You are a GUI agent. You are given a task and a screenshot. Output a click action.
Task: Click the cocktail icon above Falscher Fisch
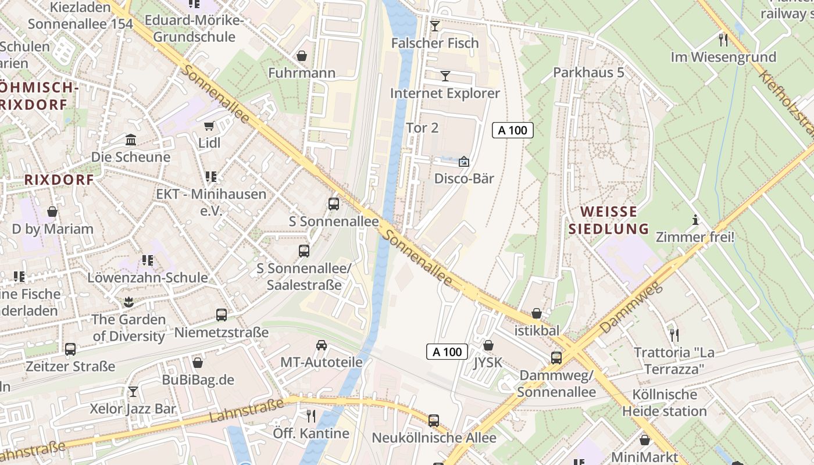[x=435, y=26]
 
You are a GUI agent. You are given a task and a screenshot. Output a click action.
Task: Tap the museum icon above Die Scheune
[x=131, y=140]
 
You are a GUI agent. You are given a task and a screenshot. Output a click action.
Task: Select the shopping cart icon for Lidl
[x=209, y=126]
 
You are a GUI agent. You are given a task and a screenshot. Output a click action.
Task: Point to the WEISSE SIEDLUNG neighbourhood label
[x=608, y=220]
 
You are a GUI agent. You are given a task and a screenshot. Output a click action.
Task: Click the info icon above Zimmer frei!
[x=695, y=220]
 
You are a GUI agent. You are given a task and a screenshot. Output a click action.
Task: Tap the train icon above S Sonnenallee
[x=334, y=204]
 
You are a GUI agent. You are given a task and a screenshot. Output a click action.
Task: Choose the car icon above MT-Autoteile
[x=322, y=345]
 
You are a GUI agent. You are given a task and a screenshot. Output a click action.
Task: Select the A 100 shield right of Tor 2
[x=513, y=130]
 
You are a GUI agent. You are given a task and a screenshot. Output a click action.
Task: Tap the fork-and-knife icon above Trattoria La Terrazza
[x=674, y=335]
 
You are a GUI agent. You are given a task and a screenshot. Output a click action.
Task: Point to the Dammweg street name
[x=631, y=308]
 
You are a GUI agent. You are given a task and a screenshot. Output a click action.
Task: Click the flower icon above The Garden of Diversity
[x=128, y=302]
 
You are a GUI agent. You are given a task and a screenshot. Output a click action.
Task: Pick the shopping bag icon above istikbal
[x=536, y=314]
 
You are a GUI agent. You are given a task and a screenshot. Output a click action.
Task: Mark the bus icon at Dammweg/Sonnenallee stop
[x=556, y=358]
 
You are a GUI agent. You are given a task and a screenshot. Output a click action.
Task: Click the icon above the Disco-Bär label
[x=464, y=162]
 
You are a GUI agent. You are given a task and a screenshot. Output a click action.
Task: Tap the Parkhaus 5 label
[x=588, y=73]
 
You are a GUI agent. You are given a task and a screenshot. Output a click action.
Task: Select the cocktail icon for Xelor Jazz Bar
[x=133, y=392]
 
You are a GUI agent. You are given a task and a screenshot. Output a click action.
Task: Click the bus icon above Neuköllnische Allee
[x=434, y=421]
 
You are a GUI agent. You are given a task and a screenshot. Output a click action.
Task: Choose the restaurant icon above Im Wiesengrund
[x=723, y=40]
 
